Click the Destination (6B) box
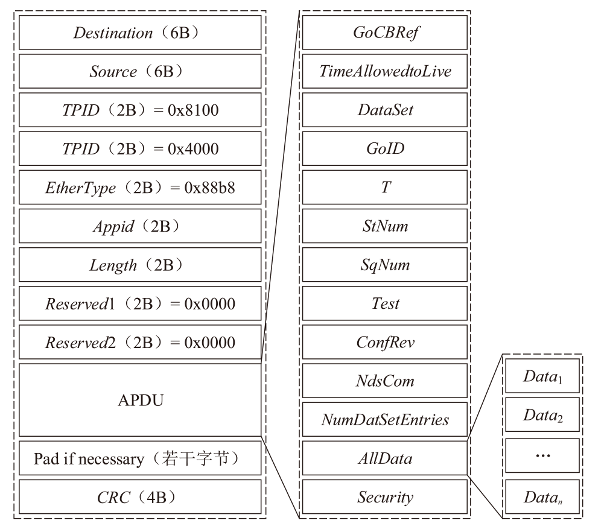coord(140,33)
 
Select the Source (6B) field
coord(140,72)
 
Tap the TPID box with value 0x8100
coord(140,110)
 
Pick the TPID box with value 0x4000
coord(140,149)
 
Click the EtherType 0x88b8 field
coord(140,188)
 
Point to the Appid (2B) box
coord(140,227)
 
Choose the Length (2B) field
coord(140,265)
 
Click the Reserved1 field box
coord(140,304)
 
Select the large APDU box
coord(140,400)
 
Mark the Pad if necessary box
coord(140,459)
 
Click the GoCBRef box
coord(385,33)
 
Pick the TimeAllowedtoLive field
coord(385,72)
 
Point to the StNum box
coord(385,227)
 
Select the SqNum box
coord(385,265)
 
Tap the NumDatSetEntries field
coord(385,420)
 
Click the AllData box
coord(385,459)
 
